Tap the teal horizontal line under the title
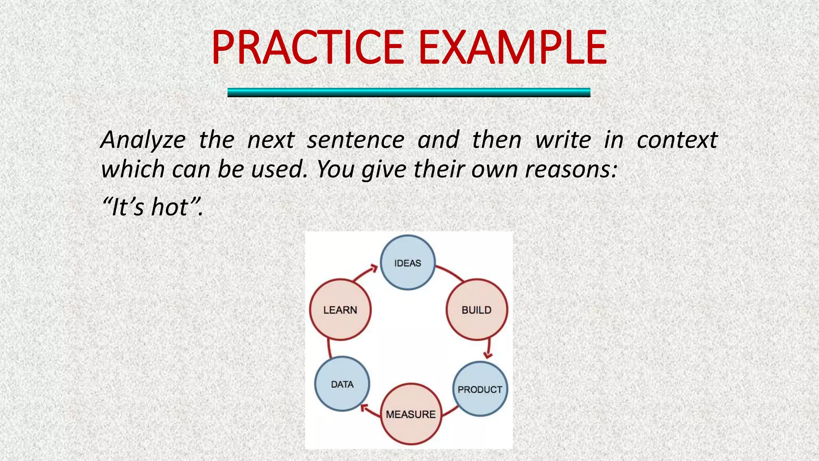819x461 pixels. [409, 92]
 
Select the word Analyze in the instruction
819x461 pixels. [143, 140]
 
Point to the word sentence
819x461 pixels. [356, 140]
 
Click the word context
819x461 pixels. [677, 140]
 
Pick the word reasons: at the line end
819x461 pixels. [571, 169]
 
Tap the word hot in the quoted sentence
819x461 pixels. [170, 207]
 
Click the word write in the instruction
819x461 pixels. [563, 140]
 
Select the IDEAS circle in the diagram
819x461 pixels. [408, 263]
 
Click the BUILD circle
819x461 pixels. [477, 310]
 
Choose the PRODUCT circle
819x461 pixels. [480, 389]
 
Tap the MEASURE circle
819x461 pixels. [411, 414]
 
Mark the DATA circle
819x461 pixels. [342, 384]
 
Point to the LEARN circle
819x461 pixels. [340, 310]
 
